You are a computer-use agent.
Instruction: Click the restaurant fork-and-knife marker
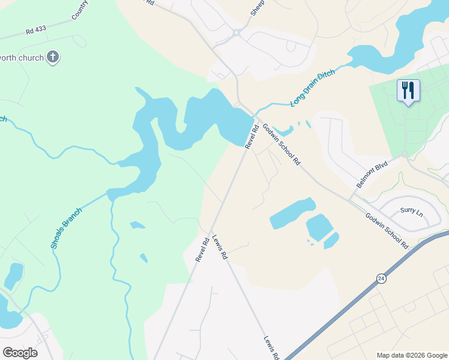[x=408, y=91]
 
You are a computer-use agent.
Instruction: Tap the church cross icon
[x=53, y=58]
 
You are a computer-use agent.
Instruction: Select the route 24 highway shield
[x=381, y=278]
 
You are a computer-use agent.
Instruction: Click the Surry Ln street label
[x=411, y=211]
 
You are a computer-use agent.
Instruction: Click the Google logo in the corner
[x=20, y=352]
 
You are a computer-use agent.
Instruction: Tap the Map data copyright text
[x=411, y=355]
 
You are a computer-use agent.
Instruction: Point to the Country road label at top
[x=79, y=10]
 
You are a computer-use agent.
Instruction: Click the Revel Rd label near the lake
[x=251, y=136]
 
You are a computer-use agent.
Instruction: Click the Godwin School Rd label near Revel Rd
[x=281, y=145]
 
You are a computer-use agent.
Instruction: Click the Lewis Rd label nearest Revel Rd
[x=220, y=247]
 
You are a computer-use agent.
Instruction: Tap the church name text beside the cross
[x=22, y=58]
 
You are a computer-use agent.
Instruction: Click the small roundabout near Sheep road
[x=238, y=32]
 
